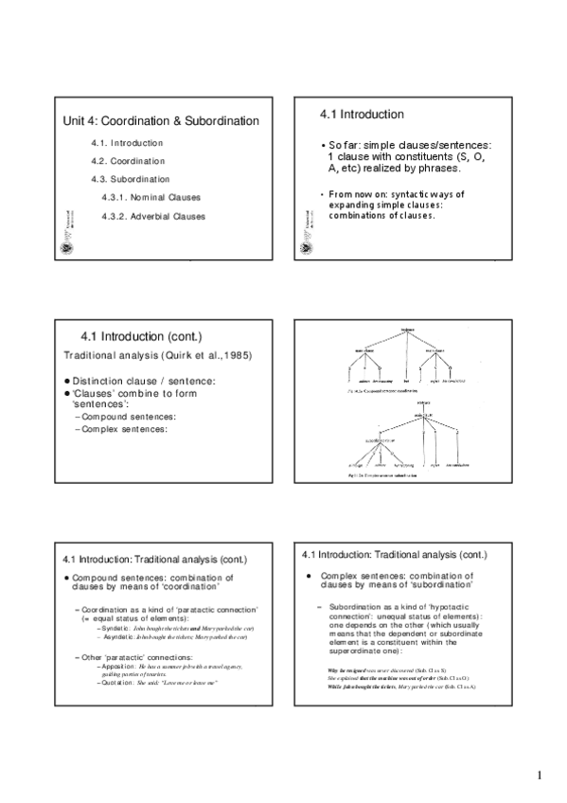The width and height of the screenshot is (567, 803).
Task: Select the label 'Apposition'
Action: [x=121, y=667]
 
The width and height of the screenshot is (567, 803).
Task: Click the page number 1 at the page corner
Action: [x=539, y=776]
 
